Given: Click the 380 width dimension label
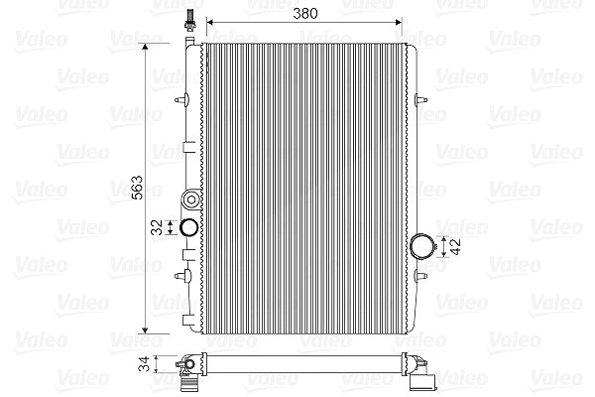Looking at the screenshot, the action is (x=304, y=14).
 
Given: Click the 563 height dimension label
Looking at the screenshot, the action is (x=137, y=188).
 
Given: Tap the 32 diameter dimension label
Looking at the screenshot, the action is (x=157, y=227).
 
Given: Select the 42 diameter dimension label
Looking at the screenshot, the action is (x=455, y=246).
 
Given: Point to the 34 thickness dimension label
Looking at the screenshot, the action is (x=144, y=363).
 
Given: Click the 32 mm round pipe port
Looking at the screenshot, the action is (x=188, y=227).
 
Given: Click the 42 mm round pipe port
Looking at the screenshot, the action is (x=422, y=246).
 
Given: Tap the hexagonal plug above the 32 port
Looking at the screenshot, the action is (x=190, y=199).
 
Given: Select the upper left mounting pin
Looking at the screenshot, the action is (x=182, y=100).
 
